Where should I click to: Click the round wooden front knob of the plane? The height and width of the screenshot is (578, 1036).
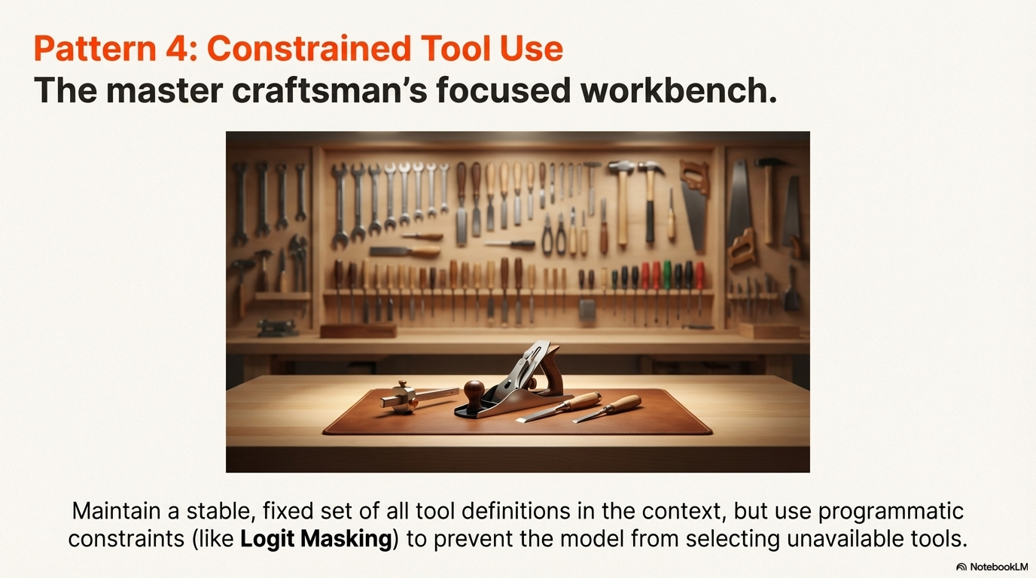tap(474, 391)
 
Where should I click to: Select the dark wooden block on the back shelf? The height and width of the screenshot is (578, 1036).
tap(358, 330)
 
